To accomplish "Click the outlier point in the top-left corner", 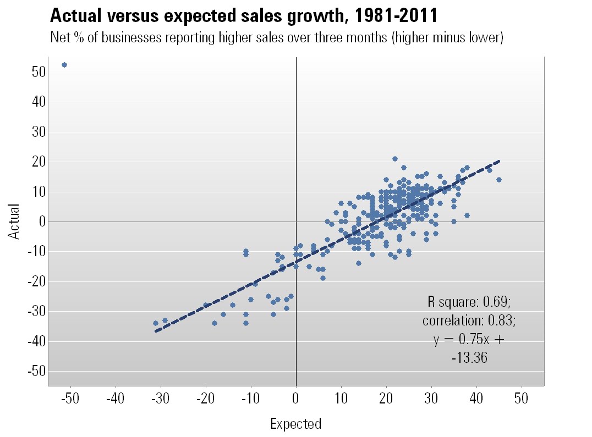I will tap(64, 65).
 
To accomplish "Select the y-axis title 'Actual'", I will tap(14, 222).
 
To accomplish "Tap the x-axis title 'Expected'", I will tap(296, 423).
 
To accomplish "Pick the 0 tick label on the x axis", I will tap(296, 397).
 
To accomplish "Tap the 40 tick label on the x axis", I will tap(476, 397).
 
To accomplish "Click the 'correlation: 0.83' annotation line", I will tap(469, 320).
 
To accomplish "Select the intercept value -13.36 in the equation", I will tap(469, 358).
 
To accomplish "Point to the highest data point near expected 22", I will tap(395, 159).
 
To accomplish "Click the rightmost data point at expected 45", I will tap(499, 180).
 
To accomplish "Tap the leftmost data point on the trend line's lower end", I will tap(156, 323).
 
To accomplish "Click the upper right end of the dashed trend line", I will tap(499, 161).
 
